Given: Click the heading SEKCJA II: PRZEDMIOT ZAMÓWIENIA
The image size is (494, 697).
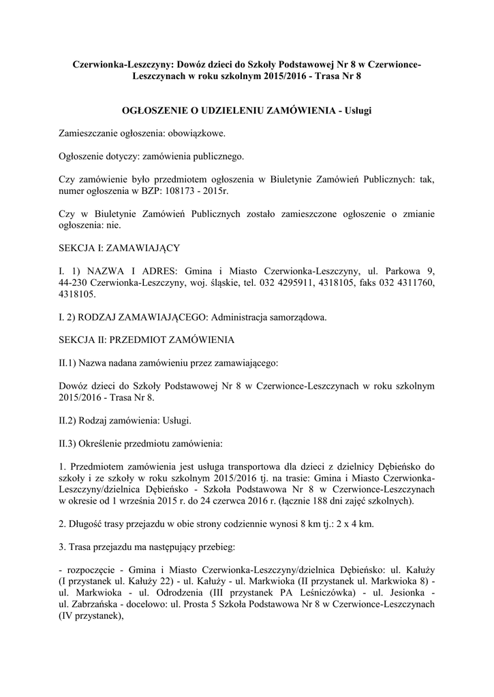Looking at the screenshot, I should [x=147, y=340].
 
